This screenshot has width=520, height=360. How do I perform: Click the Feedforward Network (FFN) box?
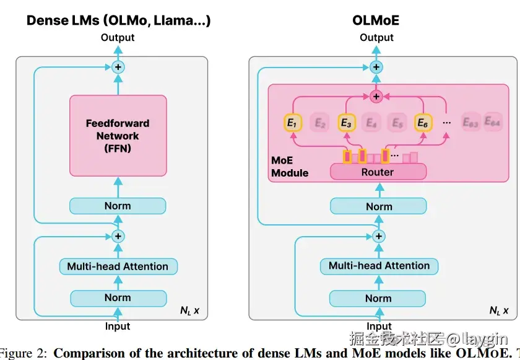click(x=118, y=135)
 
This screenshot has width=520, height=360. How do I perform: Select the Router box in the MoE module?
click(x=378, y=172)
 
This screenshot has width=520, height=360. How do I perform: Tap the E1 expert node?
click(x=292, y=123)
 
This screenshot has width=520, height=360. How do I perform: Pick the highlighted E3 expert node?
click(x=346, y=123)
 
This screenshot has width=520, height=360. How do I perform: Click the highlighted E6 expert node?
click(x=423, y=123)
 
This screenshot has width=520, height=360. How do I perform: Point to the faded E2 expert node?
click(x=319, y=123)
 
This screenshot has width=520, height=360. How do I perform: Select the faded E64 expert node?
click(x=493, y=122)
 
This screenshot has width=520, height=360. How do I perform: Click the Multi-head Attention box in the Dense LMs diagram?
click(x=118, y=266)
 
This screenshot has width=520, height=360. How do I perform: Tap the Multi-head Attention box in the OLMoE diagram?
click(x=379, y=266)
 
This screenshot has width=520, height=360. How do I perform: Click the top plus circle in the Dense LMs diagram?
click(x=118, y=66)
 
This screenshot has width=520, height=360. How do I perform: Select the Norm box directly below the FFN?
click(x=118, y=206)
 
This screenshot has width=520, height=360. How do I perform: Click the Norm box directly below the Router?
click(x=379, y=206)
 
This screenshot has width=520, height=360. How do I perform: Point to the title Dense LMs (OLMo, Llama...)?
click(x=118, y=20)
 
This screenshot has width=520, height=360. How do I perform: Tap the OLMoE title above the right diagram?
click(x=376, y=20)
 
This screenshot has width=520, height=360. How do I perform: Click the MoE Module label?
click(x=289, y=167)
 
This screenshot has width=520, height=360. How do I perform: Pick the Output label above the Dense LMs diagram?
click(x=118, y=38)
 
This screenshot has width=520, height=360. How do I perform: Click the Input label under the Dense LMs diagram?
click(x=118, y=327)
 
